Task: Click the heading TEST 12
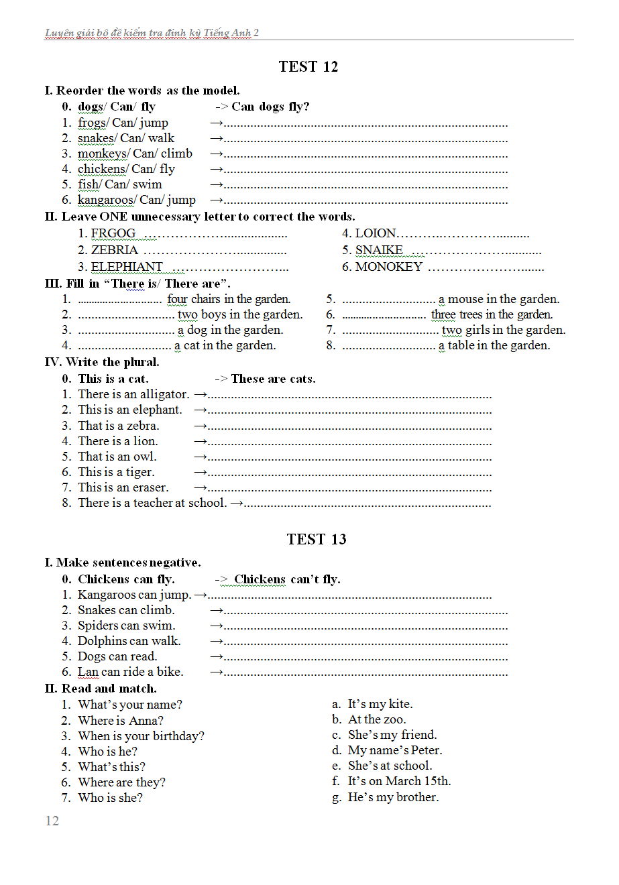coord(308,66)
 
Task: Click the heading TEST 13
coord(317,539)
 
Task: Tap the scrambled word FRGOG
coord(113,233)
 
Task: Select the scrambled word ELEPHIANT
coord(127,267)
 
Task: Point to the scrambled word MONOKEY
coord(388,267)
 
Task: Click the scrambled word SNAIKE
coord(379,250)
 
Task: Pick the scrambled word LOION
coord(375,233)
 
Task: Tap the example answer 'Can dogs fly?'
coord(270,107)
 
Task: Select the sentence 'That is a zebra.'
coord(119,426)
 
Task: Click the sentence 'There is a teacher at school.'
coord(152,503)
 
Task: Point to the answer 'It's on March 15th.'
coord(399,781)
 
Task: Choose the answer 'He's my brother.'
coord(393,797)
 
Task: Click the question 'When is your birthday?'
coord(141,736)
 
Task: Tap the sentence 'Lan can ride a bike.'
coord(130,672)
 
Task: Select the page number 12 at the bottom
coord(52,821)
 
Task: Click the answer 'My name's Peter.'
coord(395,750)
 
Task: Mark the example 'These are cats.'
coord(273,379)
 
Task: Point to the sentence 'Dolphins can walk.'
coord(129,641)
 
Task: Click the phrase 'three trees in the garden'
coord(492,314)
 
